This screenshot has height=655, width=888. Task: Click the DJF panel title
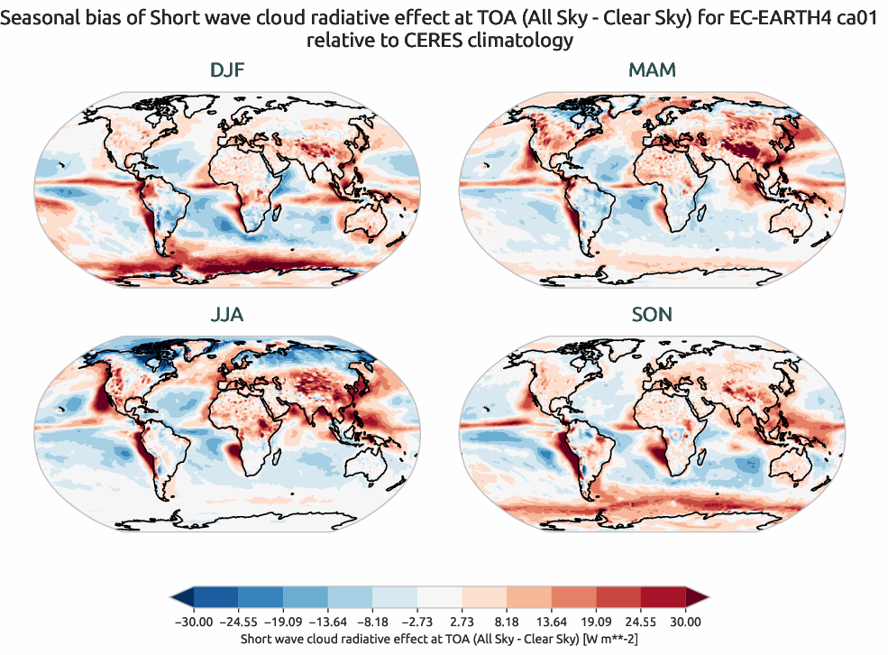tap(226, 69)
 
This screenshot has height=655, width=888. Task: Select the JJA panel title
tap(226, 314)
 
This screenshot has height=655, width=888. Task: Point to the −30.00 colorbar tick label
tap(193, 622)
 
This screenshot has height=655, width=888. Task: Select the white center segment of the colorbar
tap(439, 597)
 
